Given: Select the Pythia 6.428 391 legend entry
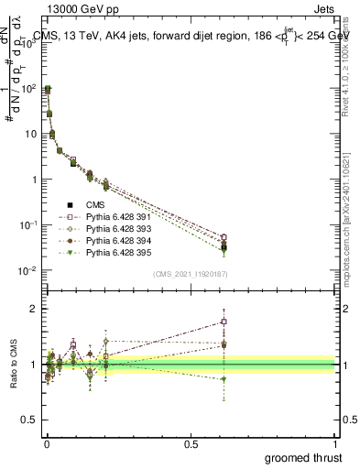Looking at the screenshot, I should point(125,217).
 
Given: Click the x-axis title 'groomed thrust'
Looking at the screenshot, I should point(305,457).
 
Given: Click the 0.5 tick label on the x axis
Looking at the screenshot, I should point(191,442).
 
